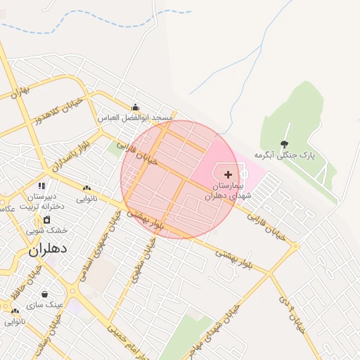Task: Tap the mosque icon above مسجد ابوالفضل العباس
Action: coord(135,108)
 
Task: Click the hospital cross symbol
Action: coord(228,174)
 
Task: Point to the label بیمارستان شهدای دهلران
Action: coord(227,191)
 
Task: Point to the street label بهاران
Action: coord(22,91)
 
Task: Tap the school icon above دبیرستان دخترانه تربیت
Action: coord(42,186)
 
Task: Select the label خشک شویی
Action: coord(47,230)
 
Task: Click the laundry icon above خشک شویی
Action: coord(47,219)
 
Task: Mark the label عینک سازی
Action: coord(45,305)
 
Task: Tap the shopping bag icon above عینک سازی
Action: coord(45,295)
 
